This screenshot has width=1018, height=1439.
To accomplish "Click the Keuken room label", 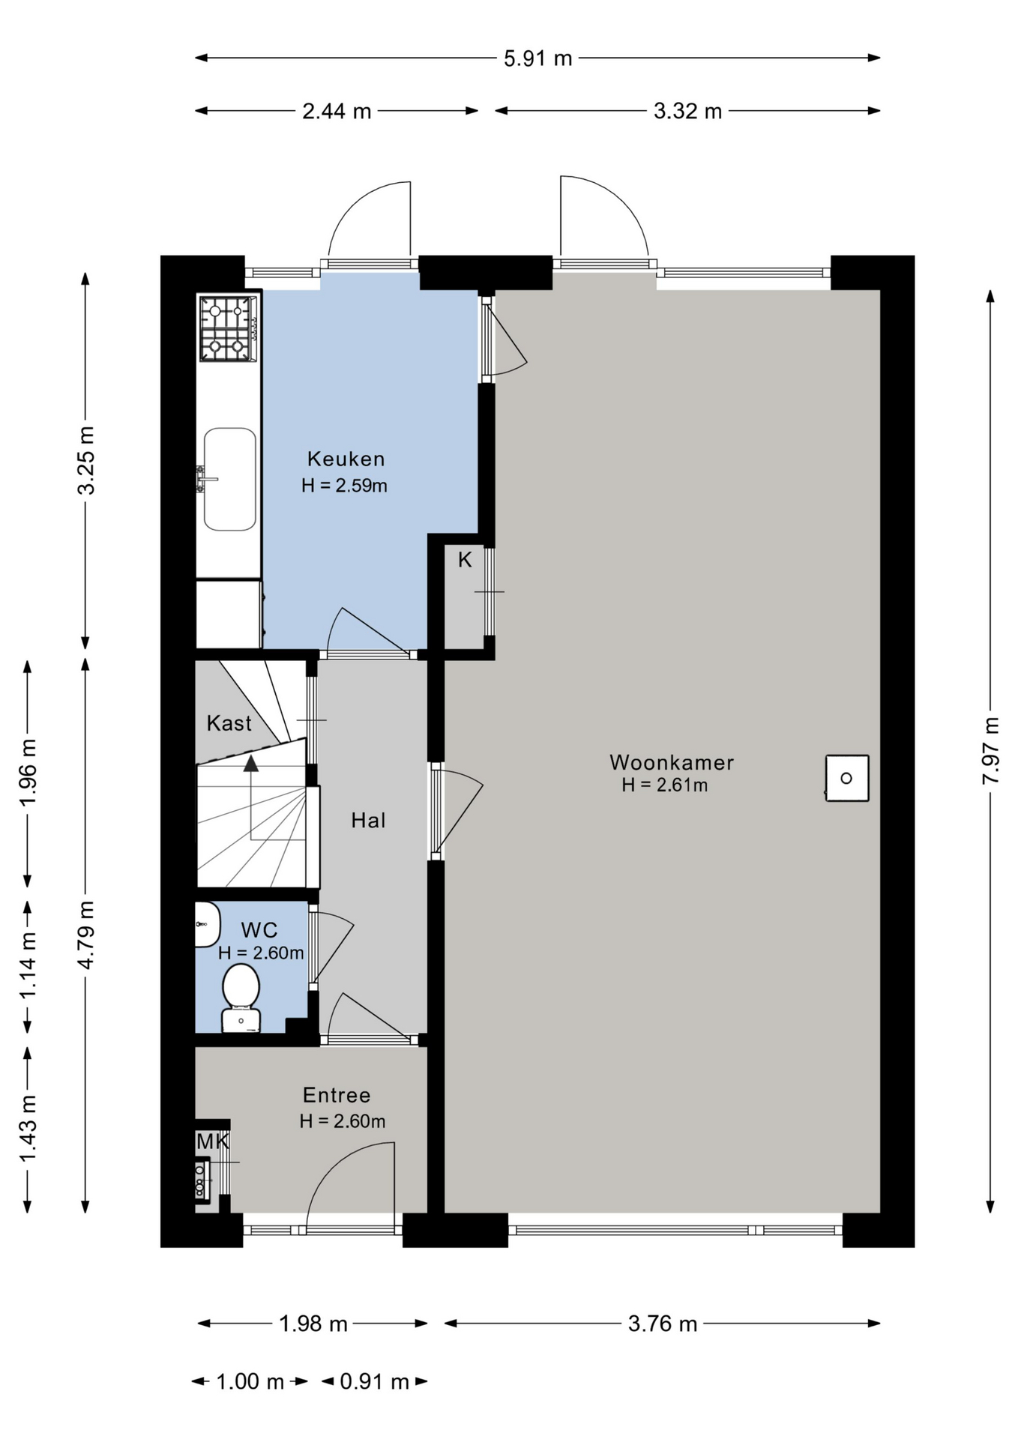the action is point(346,459).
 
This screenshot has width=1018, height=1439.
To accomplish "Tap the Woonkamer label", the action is point(671,762).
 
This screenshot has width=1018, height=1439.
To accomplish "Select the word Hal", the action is point(368,821).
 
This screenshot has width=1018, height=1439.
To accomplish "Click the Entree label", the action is point(337,1095).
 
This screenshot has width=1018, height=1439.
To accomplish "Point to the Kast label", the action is point(229,723).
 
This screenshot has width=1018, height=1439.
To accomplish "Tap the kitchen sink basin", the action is point(230,479).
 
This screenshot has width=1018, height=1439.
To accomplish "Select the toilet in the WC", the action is point(241,998).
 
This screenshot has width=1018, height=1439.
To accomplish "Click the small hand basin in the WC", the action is point(207,924).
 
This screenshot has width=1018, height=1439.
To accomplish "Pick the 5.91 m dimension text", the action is point(537,58).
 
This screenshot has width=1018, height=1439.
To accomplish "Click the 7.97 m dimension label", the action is point(990,750).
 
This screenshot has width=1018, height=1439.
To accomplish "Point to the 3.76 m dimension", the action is point(663,1324).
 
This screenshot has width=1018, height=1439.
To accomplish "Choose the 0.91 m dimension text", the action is point(374,1381).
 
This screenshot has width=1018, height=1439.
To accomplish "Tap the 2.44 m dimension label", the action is point(337,112).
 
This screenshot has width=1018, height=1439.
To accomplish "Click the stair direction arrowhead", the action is point(250,763).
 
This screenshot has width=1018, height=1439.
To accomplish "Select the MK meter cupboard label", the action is point(212,1141).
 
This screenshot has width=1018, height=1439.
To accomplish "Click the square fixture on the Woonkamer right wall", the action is point(847,778).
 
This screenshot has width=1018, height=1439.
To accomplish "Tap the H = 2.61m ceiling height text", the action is point(664,785).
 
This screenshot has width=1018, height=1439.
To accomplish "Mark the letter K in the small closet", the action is point(465,560).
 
